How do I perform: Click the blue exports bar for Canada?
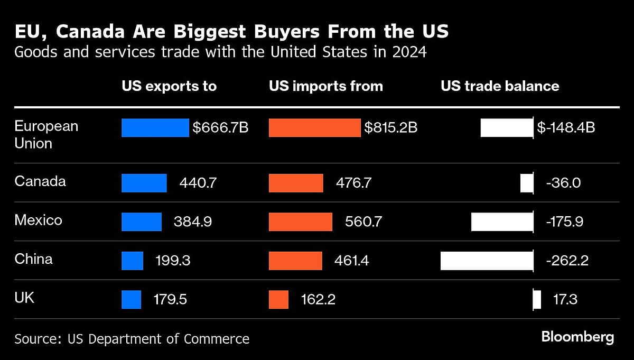click(144, 183)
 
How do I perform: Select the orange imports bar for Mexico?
click(300, 221)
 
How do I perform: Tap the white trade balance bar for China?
click(487, 261)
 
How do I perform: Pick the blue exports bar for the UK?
click(131, 299)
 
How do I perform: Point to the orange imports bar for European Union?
click(314, 128)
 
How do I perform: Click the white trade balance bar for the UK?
click(537, 300)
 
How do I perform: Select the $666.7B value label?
click(220, 128)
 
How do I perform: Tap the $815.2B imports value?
click(391, 128)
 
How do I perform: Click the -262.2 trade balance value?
click(567, 261)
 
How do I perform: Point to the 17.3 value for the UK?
click(565, 300)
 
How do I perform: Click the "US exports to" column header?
click(169, 86)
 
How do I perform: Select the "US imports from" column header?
click(325, 86)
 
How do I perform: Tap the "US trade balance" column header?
click(500, 86)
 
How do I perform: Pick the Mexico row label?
click(38, 220)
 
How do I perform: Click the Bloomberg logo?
click(577, 337)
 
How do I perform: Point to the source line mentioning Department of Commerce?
click(132, 338)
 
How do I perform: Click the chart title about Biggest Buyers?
click(231, 32)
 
